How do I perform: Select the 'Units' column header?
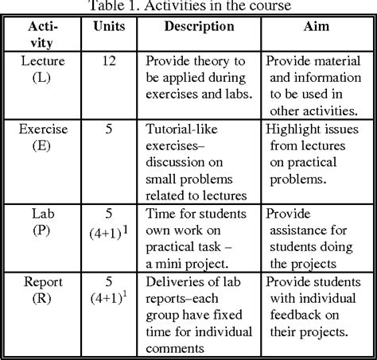[108, 26]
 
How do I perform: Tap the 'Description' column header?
[199, 26]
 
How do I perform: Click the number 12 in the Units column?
[108, 60]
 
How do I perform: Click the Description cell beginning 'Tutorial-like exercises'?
[200, 159]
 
